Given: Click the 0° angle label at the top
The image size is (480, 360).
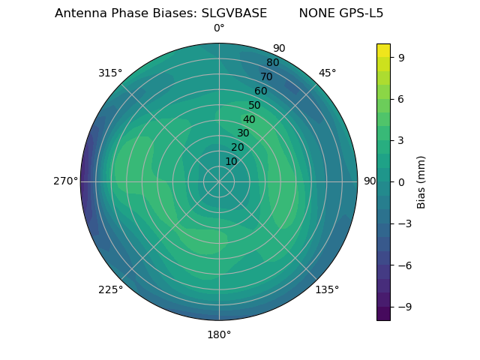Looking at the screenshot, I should [219, 28].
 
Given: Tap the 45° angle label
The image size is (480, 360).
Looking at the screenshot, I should [327, 73].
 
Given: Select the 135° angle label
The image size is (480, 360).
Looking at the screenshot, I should [327, 289].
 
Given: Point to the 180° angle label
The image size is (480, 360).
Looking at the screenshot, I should [219, 334].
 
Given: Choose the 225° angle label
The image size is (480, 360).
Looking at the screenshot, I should [110, 290].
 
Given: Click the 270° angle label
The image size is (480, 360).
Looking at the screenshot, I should [65, 181].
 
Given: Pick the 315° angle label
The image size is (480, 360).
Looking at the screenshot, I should [110, 73].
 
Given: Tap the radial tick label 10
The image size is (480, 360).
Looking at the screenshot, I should [231, 162].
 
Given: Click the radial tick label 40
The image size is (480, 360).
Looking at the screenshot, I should [249, 120].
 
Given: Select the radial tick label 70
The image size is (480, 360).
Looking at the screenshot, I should [266, 76].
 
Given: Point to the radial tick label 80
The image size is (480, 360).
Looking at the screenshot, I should [272, 63].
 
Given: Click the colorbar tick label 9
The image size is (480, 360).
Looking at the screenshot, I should [402, 56].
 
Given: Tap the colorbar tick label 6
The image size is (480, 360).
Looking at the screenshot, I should [402, 98].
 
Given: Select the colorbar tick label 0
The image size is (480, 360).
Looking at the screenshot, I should [402, 181].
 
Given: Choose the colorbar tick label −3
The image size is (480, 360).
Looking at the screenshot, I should [404, 223].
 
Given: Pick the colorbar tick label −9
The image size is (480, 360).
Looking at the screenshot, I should [404, 307].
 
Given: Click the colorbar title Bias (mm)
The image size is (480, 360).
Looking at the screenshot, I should [421, 181].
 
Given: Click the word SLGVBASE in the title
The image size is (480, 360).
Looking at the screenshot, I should [234, 13].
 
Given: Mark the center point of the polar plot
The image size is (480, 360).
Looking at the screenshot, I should [219, 181].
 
